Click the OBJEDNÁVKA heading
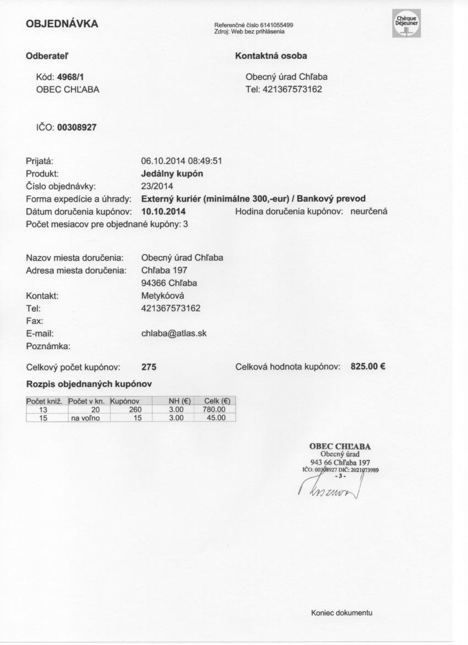click(x=62, y=24)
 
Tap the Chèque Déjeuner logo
click(x=406, y=24)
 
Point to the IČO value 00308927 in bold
click(x=77, y=127)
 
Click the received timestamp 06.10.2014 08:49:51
click(x=181, y=162)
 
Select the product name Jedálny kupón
click(x=172, y=174)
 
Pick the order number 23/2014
click(x=157, y=186)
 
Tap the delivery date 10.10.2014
click(x=164, y=211)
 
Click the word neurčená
click(x=369, y=211)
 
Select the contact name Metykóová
click(x=162, y=295)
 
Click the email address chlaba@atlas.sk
click(x=174, y=333)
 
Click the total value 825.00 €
click(x=367, y=366)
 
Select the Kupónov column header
click(x=127, y=401)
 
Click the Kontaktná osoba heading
click(x=271, y=56)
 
